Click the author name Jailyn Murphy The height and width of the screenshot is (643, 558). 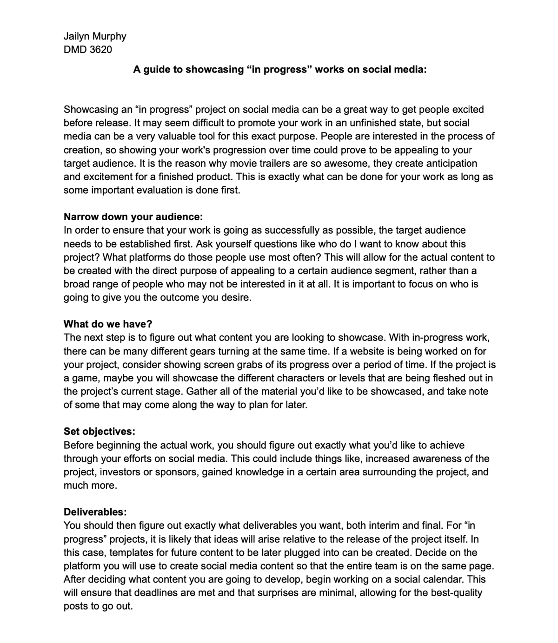95,36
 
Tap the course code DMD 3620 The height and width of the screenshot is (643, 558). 88,50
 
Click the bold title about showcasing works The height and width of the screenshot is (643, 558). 279,70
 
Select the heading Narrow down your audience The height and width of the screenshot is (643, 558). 133,217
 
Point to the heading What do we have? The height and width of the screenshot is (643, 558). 108,324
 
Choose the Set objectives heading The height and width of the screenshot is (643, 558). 100,432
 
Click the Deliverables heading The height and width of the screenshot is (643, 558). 95,512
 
